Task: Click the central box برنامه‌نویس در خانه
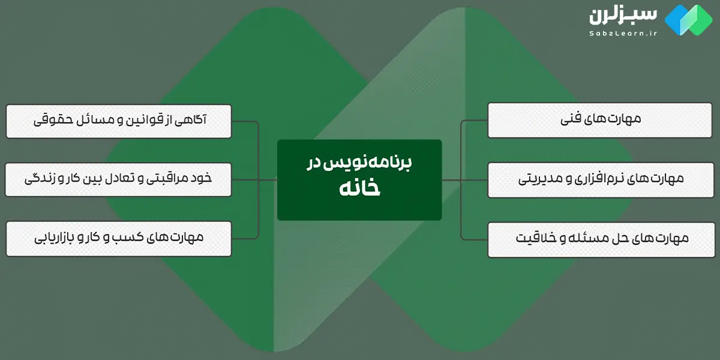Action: (359, 179)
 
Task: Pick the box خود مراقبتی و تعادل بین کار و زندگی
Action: (119, 179)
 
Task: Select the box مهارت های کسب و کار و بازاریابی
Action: (119, 238)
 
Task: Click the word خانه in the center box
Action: (359, 188)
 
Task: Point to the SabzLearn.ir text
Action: (623, 34)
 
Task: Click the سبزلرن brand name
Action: (624, 16)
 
